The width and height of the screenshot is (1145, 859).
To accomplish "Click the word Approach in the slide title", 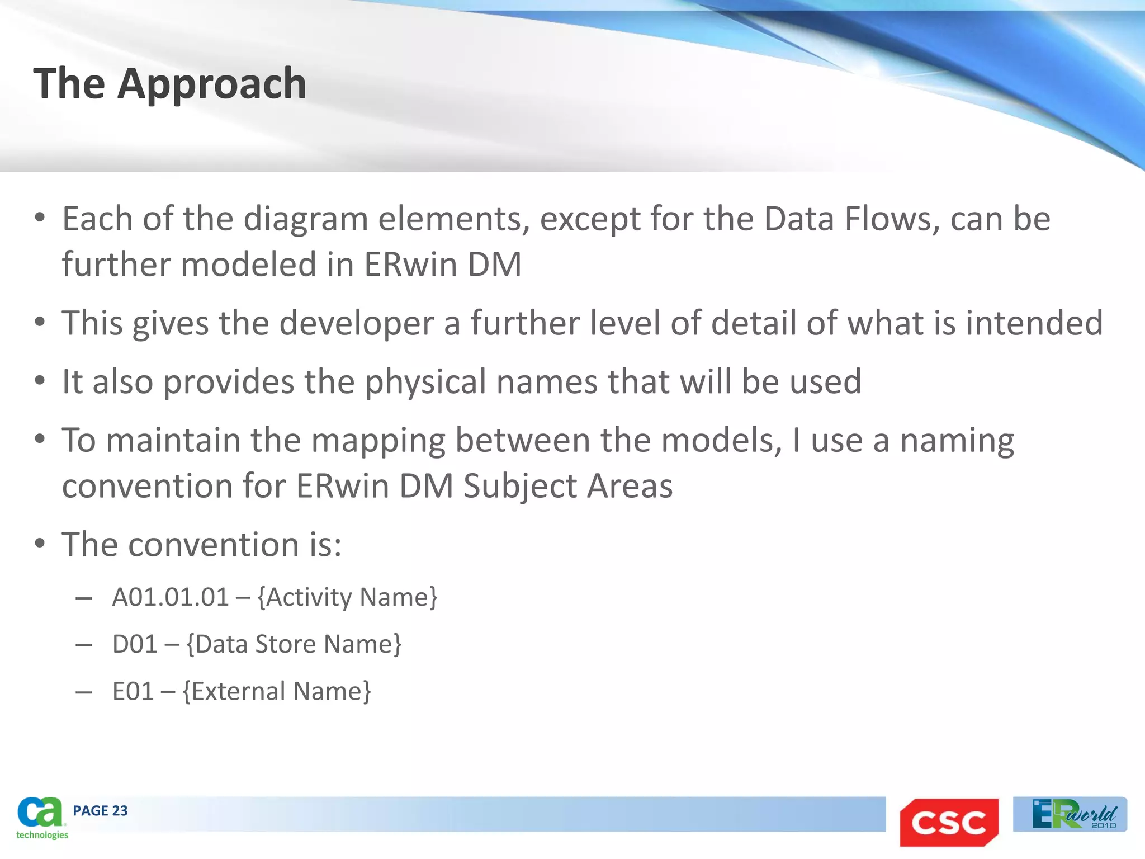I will (212, 84).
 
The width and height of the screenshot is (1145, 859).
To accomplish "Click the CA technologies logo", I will (41, 818).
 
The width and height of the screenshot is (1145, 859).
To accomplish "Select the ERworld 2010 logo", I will (1070, 814).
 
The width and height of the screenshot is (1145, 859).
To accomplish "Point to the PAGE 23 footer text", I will (100, 811).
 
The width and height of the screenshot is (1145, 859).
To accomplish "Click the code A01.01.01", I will (171, 597).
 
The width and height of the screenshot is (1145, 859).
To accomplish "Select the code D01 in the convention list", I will (135, 644).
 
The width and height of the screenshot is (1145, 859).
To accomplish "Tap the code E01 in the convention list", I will (133, 691).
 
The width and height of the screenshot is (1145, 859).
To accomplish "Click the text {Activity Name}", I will (348, 597).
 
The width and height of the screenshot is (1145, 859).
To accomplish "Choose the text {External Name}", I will (277, 691).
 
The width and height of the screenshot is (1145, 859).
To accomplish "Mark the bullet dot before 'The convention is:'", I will (39, 544).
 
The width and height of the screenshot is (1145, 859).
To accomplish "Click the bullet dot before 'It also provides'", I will (39, 381).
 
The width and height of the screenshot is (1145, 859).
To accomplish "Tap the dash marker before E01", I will (84, 692).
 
